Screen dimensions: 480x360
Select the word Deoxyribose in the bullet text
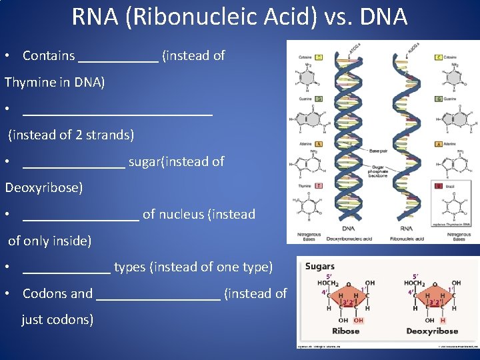pos(43,187)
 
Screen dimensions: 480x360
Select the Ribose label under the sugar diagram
pos(345,331)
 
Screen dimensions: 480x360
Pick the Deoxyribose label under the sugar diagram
pos(432,331)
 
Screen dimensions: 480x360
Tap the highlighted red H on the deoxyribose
pos(443,321)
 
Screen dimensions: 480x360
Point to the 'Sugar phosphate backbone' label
pos(378,171)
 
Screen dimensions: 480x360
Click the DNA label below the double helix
pos(348,228)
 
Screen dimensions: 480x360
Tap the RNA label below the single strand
pos(406,228)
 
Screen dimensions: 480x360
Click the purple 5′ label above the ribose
pos(329,276)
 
